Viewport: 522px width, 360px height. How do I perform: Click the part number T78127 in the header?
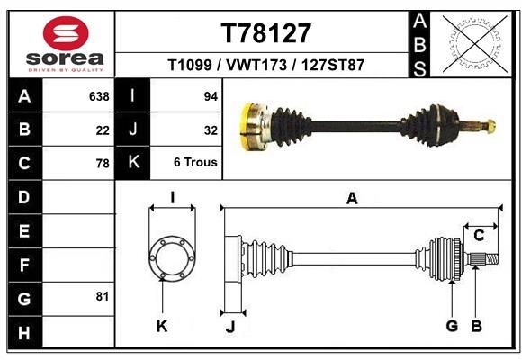265,33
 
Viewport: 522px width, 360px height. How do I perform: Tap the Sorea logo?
60,43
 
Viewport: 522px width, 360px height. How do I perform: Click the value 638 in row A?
97,96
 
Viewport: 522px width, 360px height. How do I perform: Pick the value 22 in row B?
102,130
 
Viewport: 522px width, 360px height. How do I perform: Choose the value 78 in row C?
102,164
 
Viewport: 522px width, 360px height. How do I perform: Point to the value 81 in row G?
102,296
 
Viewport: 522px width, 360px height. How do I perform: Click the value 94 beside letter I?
211,96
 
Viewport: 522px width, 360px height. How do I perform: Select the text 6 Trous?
195,164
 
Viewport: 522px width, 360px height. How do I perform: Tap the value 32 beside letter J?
211,130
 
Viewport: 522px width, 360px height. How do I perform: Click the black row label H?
23,334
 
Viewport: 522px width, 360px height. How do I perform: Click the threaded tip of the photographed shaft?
490,125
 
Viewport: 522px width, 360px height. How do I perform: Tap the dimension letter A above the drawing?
352,198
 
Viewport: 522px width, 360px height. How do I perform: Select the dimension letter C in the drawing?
479,236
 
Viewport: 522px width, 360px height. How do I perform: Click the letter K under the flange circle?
162,326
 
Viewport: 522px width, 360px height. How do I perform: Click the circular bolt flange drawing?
171,258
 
